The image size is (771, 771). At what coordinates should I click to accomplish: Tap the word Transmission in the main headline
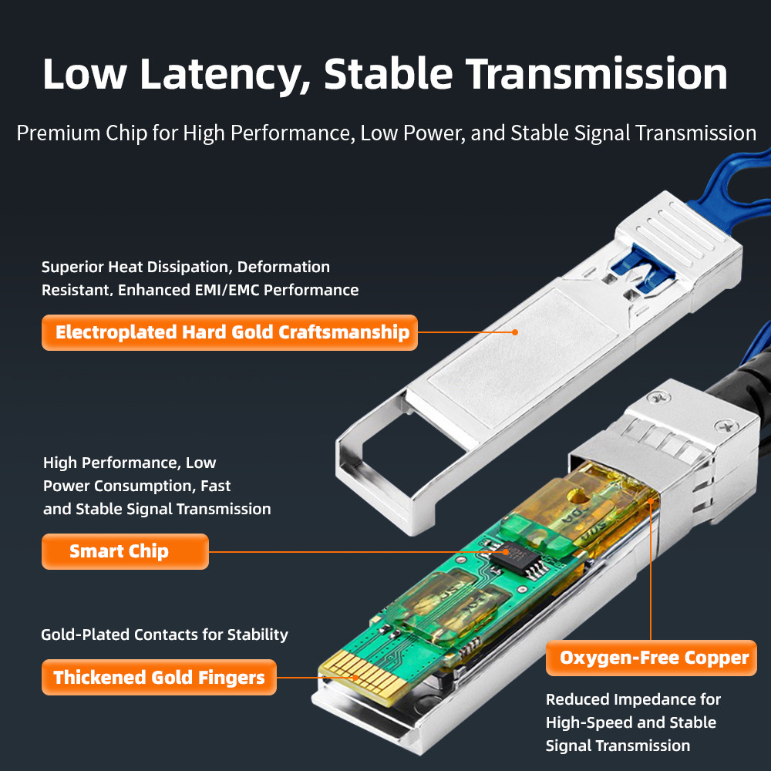point(597,74)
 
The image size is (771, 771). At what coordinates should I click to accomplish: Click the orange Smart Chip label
point(125,551)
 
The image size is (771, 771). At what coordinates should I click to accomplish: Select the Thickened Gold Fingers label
point(159,677)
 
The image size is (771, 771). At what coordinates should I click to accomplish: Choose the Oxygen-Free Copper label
point(651,658)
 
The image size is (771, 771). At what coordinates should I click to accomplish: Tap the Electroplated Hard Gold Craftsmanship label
point(230,332)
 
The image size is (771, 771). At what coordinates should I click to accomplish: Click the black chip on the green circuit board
point(521,557)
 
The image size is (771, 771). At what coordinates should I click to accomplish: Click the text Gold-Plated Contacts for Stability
point(164,635)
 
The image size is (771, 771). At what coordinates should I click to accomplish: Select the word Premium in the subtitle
point(58,133)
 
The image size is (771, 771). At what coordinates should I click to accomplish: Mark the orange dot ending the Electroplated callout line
point(515,332)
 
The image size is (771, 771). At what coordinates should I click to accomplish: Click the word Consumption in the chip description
point(145,486)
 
